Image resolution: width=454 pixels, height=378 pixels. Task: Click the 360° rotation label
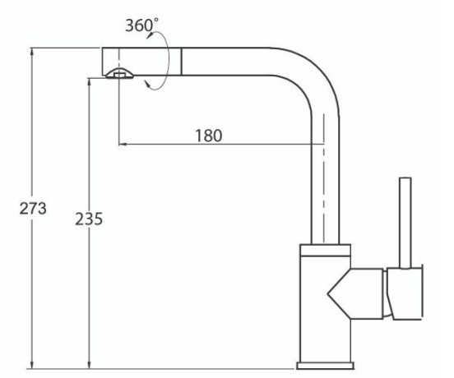(141, 25)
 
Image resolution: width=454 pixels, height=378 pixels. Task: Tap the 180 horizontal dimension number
(209, 136)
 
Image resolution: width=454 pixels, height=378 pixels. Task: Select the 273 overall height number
(33, 208)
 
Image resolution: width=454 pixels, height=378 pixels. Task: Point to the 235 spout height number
(89, 219)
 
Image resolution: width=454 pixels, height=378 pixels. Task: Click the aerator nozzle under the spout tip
(119, 74)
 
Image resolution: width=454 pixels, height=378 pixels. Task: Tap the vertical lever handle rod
(405, 223)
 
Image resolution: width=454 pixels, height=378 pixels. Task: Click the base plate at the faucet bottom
(325, 366)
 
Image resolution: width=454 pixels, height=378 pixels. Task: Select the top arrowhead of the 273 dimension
(32, 52)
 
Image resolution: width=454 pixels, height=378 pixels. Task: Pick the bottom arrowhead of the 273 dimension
(32, 364)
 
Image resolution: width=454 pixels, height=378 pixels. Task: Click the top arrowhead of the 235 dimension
(90, 82)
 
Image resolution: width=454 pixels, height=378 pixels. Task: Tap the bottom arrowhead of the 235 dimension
(90, 364)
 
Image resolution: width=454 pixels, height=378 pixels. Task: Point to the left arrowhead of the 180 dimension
(123, 144)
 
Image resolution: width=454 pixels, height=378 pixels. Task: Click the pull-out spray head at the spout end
(141, 62)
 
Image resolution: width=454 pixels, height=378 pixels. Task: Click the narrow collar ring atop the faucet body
(326, 251)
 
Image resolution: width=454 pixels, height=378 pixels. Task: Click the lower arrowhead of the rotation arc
(148, 85)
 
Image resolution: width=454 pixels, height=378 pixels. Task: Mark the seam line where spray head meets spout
(182, 62)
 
